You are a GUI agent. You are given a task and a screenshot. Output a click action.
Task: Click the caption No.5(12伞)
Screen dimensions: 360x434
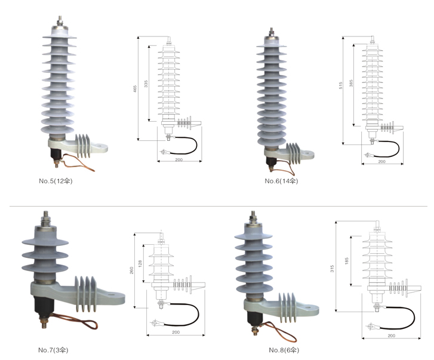[56, 179]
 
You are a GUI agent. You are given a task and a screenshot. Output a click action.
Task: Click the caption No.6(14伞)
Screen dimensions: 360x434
[281, 180]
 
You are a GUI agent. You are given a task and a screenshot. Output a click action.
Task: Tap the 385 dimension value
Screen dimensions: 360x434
[352, 84]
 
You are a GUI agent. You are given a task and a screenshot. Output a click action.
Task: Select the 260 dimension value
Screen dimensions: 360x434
[133, 269]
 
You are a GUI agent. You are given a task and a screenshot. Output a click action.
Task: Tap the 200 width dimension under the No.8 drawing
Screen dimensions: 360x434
[391, 336]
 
